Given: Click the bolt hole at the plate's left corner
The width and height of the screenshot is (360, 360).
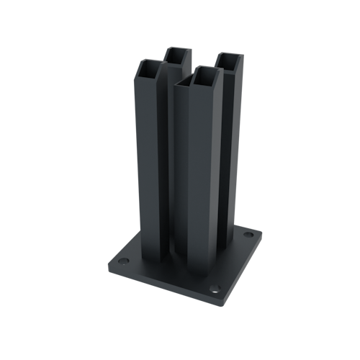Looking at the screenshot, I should point(122,258).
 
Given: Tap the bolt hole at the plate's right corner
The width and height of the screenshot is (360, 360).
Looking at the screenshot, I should point(248,235).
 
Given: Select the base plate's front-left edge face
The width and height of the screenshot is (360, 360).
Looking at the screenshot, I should point(158,284).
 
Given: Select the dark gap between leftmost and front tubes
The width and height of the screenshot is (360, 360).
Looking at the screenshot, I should point(171,180).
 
